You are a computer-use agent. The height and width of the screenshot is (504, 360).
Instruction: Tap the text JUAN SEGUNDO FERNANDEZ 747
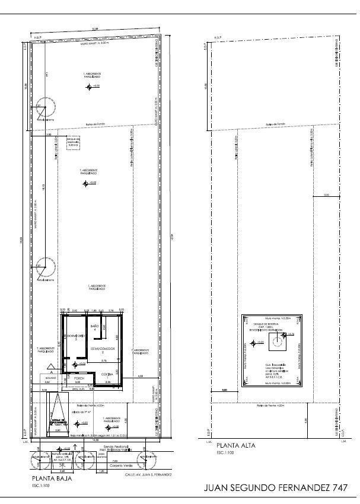275,488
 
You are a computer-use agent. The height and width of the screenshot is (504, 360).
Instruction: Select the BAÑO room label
94,327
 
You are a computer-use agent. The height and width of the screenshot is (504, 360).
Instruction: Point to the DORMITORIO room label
75,336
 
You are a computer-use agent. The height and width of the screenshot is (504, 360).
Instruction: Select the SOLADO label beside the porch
47,378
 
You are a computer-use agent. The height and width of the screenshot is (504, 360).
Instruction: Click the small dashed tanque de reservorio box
73,143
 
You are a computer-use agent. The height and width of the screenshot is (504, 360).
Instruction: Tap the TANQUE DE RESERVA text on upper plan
272,326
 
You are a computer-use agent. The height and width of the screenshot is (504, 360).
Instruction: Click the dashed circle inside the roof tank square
276,340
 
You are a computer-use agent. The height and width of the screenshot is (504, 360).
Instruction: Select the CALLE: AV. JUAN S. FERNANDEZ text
148,474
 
